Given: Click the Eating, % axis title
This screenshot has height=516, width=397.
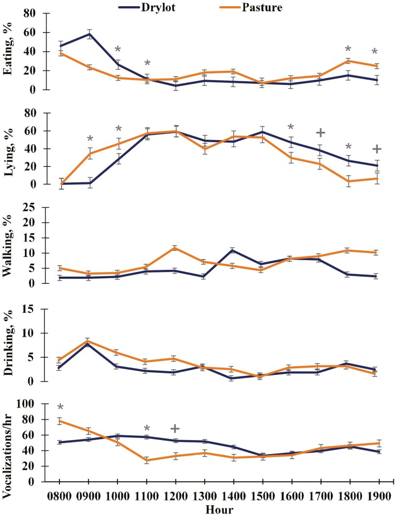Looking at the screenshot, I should point(9,51).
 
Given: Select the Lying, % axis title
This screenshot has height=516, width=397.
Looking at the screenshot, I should point(9,147).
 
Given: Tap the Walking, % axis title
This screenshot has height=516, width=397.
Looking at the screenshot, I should point(9,245).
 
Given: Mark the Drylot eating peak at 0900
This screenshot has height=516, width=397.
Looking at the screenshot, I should point(89,34).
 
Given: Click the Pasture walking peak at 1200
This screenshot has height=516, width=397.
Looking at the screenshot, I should point(177,248).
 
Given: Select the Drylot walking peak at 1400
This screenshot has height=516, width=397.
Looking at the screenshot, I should point(235,250).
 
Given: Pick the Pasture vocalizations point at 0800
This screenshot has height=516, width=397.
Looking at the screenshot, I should point(60,421).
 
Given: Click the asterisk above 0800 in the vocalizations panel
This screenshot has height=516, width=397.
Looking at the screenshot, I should point(60,407).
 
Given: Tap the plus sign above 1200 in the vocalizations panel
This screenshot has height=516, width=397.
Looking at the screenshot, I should point(175,429).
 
